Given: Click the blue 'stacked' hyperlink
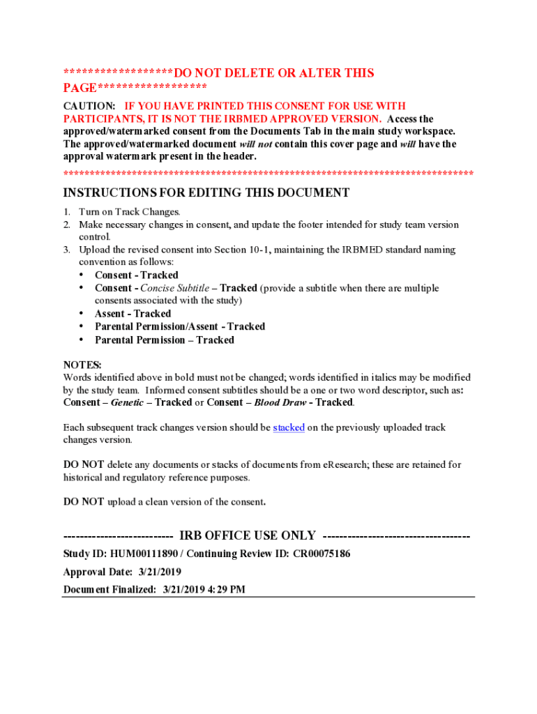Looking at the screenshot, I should [289, 427].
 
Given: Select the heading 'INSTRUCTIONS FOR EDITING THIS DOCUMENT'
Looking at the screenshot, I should [206, 192].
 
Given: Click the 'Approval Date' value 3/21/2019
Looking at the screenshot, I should [160, 572].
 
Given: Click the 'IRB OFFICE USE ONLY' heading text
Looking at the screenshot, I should [248, 535].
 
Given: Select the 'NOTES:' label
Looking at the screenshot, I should [82, 365].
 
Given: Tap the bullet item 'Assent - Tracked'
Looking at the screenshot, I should [133, 314].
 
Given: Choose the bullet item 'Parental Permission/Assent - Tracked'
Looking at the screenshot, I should [180, 326].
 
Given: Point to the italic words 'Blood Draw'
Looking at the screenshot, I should [280, 402].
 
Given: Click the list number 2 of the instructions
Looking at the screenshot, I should [67, 225].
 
